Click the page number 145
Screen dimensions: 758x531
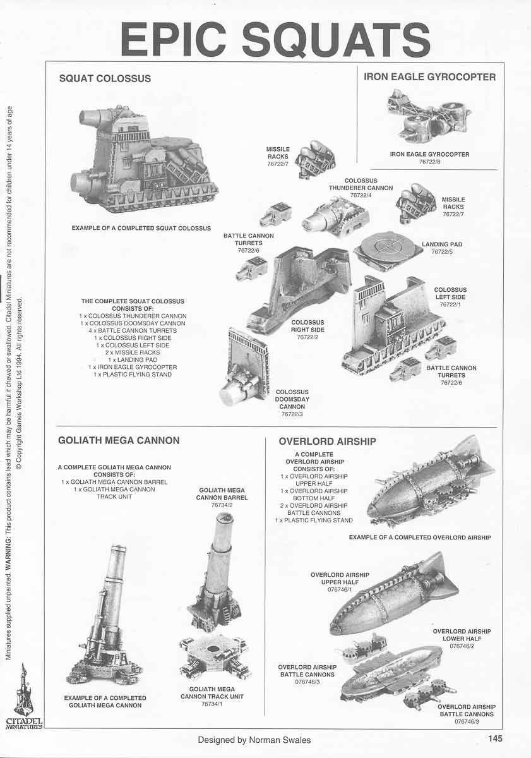494,738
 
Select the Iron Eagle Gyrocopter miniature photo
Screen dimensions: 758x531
429,116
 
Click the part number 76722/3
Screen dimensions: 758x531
292,414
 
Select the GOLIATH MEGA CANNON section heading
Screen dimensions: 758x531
119,440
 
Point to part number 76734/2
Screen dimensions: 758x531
222,505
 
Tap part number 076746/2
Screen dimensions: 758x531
462,646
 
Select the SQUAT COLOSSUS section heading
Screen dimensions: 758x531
105,78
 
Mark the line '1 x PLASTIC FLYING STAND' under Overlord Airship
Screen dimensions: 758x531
314,520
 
